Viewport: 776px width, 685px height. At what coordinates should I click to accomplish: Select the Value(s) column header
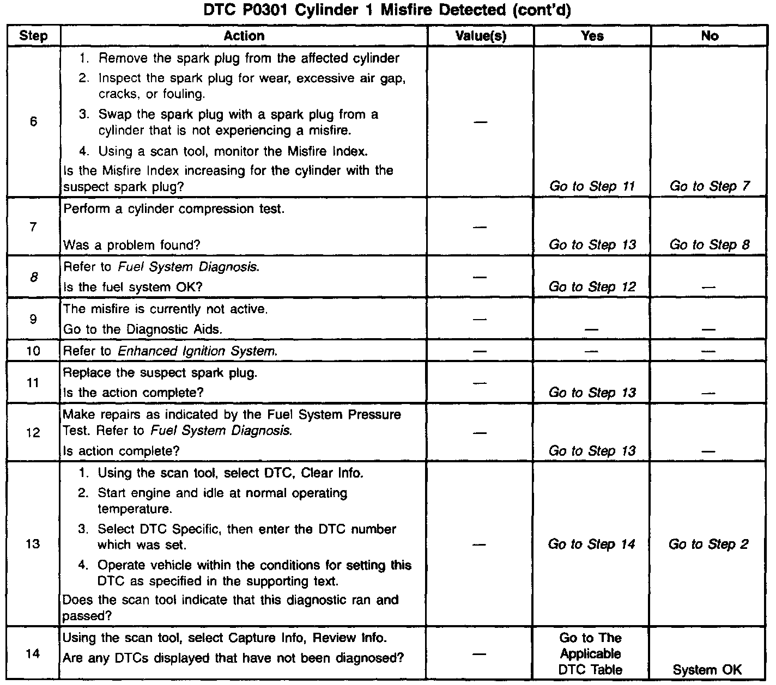point(481,36)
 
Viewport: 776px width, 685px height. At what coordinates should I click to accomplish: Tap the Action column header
point(244,36)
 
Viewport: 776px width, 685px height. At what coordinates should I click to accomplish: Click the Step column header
point(33,36)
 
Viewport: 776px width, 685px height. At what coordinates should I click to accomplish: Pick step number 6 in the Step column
point(33,121)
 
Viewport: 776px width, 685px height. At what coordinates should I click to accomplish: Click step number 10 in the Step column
point(33,351)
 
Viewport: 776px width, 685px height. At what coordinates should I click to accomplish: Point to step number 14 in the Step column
point(33,653)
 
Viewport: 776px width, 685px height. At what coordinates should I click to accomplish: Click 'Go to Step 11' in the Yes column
point(592,186)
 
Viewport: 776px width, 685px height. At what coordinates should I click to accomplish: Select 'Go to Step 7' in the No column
point(710,186)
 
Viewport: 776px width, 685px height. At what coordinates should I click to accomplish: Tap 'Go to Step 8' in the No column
point(710,245)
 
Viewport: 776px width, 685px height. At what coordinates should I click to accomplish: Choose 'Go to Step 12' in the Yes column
point(592,287)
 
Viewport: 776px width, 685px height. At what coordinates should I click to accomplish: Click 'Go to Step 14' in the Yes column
point(592,544)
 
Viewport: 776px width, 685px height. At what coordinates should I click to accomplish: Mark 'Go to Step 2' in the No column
point(708,544)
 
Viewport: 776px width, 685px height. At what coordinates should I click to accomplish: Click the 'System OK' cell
point(707,670)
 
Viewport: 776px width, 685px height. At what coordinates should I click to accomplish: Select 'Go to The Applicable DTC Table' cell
point(591,653)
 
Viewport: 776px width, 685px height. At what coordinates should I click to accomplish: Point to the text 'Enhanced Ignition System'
point(197,351)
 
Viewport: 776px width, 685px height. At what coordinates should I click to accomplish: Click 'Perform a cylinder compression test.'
point(174,209)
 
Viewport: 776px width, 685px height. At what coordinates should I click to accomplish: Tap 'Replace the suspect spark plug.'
point(160,373)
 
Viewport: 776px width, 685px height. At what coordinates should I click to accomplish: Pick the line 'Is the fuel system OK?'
point(132,287)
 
